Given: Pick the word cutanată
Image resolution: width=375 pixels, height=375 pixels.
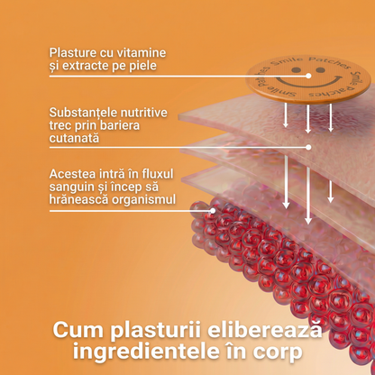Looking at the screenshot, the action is point(74,138).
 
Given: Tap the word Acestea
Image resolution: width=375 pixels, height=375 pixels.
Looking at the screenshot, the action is point(69,174).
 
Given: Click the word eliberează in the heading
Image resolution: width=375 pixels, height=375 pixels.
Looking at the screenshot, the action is point(265,329).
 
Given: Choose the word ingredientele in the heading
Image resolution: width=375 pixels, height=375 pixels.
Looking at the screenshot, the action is point(146,352).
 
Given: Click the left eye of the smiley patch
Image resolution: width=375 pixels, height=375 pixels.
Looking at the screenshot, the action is point(297,70).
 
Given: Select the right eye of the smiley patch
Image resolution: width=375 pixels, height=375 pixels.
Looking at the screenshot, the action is point(321,70).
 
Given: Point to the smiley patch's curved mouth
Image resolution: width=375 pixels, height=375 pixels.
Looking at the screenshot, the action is point(309,82).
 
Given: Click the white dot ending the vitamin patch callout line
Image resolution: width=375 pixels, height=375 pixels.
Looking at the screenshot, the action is point(308,76).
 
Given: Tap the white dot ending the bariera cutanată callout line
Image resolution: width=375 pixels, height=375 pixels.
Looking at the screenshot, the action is point(308,147).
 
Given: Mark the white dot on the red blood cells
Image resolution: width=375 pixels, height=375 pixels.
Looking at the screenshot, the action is point(213,211).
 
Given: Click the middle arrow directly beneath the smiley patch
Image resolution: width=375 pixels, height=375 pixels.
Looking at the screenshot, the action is point(308,119).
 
